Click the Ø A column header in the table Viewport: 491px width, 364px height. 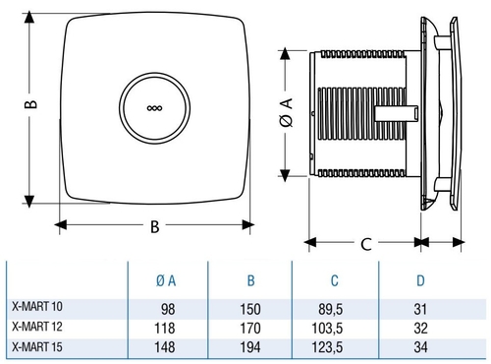(x=166, y=280)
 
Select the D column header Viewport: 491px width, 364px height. (x=420, y=280)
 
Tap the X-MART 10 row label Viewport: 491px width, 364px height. (x=37, y=306)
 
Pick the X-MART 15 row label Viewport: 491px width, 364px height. (x=37, y=347)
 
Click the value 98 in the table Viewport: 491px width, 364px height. (x=168, y=309)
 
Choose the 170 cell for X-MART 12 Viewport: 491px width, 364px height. (x=250, y=328)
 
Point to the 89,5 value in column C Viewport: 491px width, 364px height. (x=331, y=309)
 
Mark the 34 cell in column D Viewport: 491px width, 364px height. (x=420, y=347)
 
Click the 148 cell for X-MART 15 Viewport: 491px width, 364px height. (x=165, y=347)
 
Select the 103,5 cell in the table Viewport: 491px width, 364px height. (x=327, y=328)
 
